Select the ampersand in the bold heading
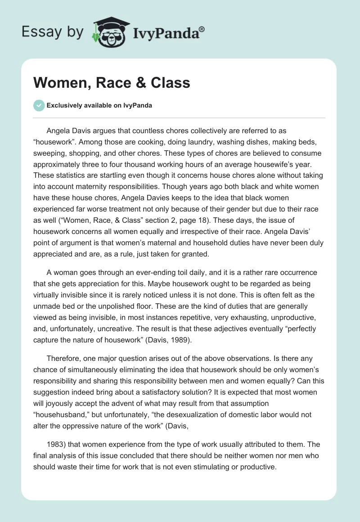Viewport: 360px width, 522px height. (130, 83)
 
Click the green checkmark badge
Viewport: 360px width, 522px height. (39, 105)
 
